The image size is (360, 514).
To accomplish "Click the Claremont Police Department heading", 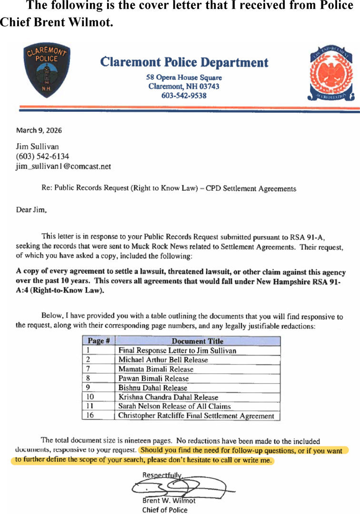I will tap(184, 62).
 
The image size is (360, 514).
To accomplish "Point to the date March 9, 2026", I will tap(39, 130).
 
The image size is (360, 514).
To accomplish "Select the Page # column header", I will tap(99, 341).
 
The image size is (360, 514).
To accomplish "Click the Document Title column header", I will tap(197, 341).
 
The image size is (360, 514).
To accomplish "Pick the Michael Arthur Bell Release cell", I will tap(163, 360).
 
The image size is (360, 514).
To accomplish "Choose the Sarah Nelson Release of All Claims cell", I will tap(174, 406).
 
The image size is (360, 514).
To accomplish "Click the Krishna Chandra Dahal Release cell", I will tap(168, 397).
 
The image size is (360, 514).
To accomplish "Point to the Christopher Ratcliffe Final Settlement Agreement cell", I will tap(196, 415).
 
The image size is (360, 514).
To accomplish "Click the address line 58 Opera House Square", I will tap(184, 78).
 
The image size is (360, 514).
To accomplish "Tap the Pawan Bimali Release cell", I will tap(153, 378).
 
